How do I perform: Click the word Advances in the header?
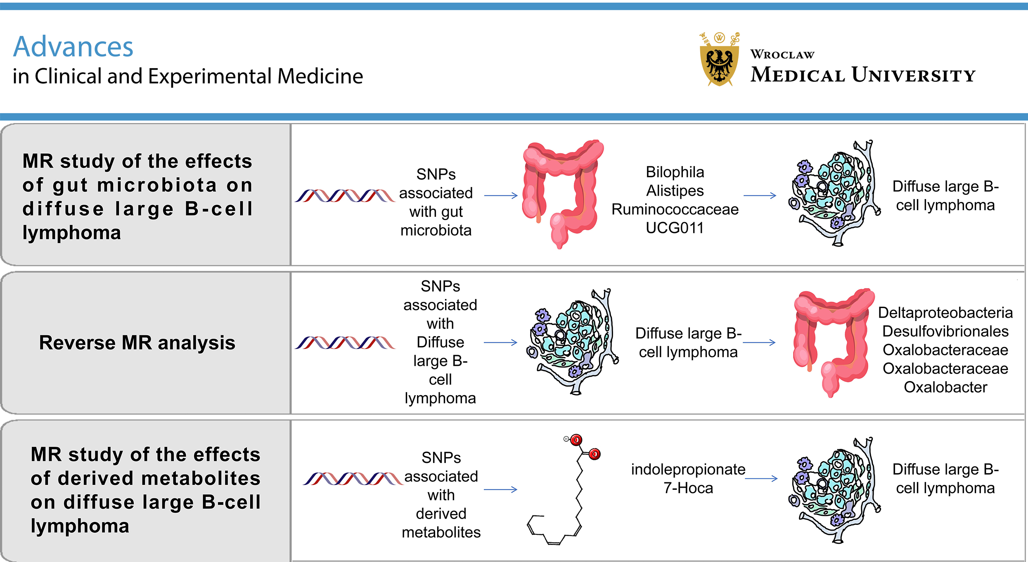(73, 47)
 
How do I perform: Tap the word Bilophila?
(675, 172)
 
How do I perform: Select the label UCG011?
(675, 228)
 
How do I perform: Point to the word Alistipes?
(675, 190)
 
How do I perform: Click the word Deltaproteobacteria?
(945, 313)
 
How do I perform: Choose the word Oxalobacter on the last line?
(945, 387)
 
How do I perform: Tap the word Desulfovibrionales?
(945, 331)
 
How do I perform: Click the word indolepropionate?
(688, 469)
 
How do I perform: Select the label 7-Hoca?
(688, 488)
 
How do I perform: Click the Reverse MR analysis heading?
(137, 342)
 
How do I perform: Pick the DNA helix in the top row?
(345, 196)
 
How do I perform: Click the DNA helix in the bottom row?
(353, 479)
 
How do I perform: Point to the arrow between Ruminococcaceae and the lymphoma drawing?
(760, 196)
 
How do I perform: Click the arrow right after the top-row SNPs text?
(501, 196)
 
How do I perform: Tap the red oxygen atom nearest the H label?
(576, 440)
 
